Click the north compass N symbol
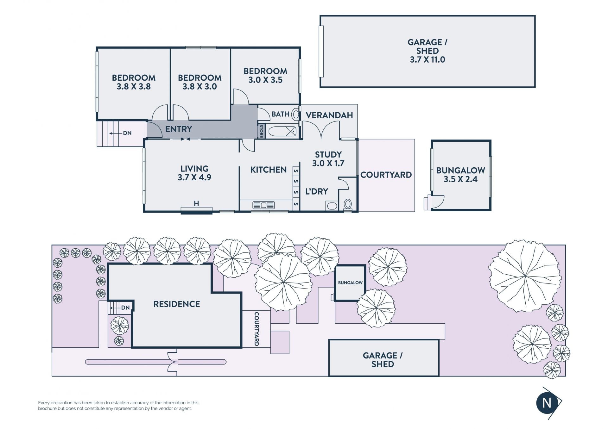click(547, 403)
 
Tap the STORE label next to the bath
click(261, 131)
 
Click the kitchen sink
click(263, 205)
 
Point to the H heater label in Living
click(196, 203)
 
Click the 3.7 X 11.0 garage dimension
click(427, 59)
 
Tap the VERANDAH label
click(329, 115)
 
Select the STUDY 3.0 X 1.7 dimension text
click(328, 163)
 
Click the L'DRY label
click(317, 191)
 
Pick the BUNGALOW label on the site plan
click(350, 283)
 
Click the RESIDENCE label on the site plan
click(177, 304)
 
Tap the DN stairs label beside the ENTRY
click(127, 133)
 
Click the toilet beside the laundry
click(348, 204)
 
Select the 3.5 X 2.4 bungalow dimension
click(460, 179)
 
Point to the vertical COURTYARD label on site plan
click(257, 329)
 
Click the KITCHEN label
click(269, 170)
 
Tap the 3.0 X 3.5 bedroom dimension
click(265, 80)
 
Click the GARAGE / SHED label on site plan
click(383, 360)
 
